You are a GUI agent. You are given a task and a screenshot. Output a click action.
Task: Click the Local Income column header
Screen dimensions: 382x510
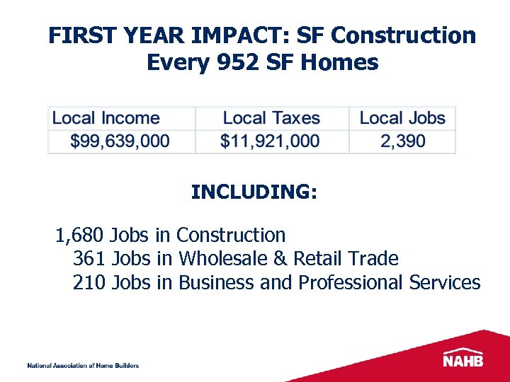click(x=106, y=118)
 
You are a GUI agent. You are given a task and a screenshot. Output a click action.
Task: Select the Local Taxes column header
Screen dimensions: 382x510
click(x=271, y=118)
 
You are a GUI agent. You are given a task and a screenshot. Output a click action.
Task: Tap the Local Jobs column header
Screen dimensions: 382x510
click(x=402, y=118)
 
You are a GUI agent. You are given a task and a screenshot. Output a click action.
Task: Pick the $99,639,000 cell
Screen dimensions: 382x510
click(x=120, y=141)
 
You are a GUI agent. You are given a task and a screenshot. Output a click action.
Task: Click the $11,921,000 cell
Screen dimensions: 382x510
click(x=270, y=141)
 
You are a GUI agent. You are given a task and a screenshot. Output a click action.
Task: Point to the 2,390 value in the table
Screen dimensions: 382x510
click(x=403, y=141)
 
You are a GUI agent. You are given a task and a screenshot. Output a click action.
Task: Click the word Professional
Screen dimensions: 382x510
click(x=351, y=283)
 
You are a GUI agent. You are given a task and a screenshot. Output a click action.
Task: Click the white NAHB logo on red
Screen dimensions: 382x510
click(x=464, y=359)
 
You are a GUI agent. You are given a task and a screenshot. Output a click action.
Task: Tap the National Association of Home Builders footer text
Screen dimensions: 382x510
click(x=83, y=365)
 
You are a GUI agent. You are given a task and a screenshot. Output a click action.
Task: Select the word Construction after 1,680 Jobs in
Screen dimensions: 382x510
click(x=231, y=235)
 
